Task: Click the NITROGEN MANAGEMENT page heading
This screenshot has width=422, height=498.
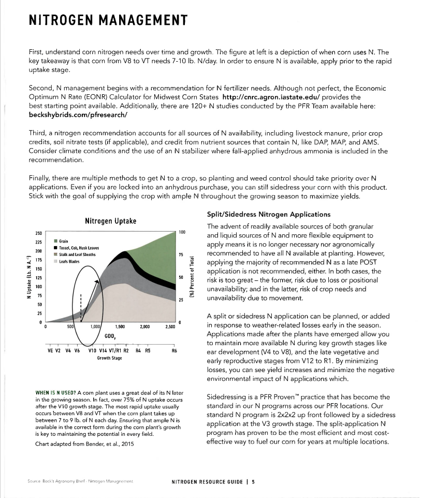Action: [x=108, y=20]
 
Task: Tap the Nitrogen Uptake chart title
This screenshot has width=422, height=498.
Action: [x=110, y=221]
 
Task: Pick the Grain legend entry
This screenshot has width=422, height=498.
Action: [x=64, y=241]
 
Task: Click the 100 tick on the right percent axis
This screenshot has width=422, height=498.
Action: [x=182, y=232]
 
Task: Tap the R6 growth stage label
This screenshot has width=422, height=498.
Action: [x=174, y=350]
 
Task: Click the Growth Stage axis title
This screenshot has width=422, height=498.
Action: [x=109, y=358]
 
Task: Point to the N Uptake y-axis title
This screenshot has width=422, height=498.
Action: [x=23, y=278]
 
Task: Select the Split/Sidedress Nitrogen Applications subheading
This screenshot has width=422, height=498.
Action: [x=268, y=214]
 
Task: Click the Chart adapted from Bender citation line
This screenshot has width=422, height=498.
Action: [x=75, y=444]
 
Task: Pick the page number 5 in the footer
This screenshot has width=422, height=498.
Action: [x=254, y=482]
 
